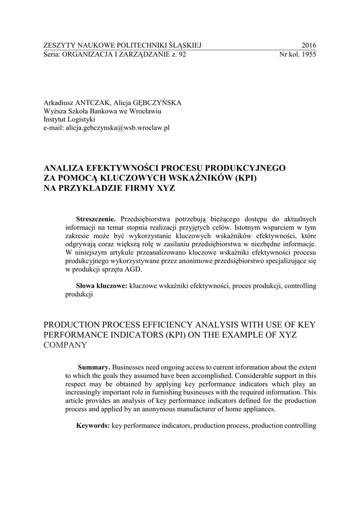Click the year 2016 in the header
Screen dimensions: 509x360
tap(308, 45)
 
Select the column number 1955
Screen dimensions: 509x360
tap(308, 55)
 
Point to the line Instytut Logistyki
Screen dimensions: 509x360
tap(69, 119)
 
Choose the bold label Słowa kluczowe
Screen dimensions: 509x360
tap(101, 286)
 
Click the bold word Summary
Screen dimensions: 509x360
tap(94, 367)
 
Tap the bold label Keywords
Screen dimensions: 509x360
tap(92, 425)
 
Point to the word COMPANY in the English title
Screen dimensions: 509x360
tap(66, 344)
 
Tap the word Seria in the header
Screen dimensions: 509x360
tap(51, 55)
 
